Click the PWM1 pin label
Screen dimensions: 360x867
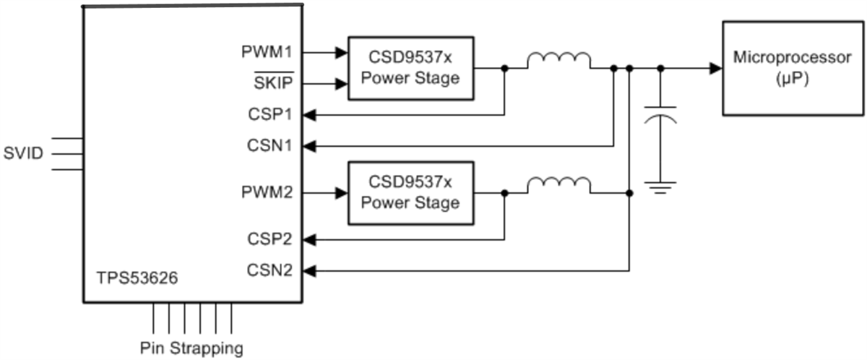click(267, 52)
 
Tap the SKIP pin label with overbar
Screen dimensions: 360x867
click(273, 83)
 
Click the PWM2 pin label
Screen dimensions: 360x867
click(267, 194)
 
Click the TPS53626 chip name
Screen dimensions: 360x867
click(137, 278)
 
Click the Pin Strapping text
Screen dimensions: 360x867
click(191, 348)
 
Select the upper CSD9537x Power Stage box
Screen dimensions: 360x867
click(410, 68)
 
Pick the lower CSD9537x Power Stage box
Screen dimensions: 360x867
click(410, 193)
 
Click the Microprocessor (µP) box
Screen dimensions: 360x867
click(792, 68)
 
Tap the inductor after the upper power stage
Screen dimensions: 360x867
click(558, 61)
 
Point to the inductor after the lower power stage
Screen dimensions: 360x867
click(558, 186)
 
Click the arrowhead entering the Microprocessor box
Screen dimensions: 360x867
click(715, 68)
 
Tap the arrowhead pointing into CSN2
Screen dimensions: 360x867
click(309, 271)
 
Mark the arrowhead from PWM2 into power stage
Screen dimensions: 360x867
click(342, 193)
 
